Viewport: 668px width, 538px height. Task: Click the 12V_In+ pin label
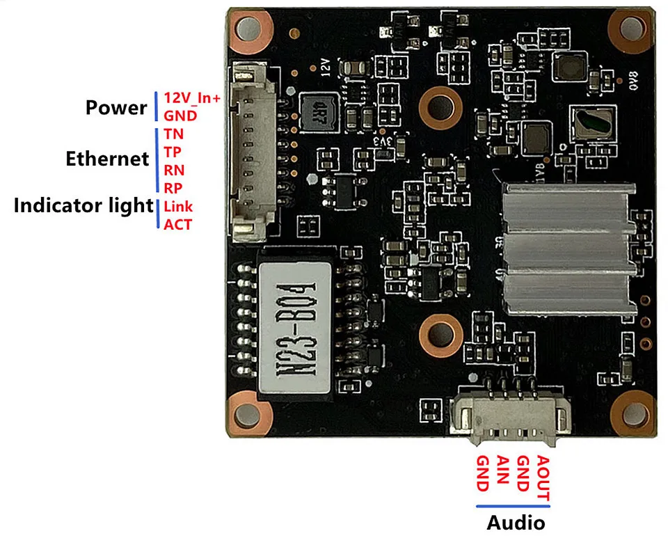(x=192, y=98)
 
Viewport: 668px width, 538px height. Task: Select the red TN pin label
(x=174, y=133)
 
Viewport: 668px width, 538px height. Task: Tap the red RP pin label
(x=173, y=187)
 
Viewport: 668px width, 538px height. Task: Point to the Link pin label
(x=179, y=207)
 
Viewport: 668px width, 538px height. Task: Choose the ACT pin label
(x=177, y=224)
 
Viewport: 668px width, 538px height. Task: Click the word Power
(x=116, y=108)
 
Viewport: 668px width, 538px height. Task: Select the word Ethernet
(x=107, y=159)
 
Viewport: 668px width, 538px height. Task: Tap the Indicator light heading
(x=83, y=206)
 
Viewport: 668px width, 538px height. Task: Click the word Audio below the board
(x=516, y=523)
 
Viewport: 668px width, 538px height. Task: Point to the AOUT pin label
(x=544, y=479)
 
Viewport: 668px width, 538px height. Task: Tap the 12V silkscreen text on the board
(x=325, y=65)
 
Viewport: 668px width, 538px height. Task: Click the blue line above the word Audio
(x=516, y=507)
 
